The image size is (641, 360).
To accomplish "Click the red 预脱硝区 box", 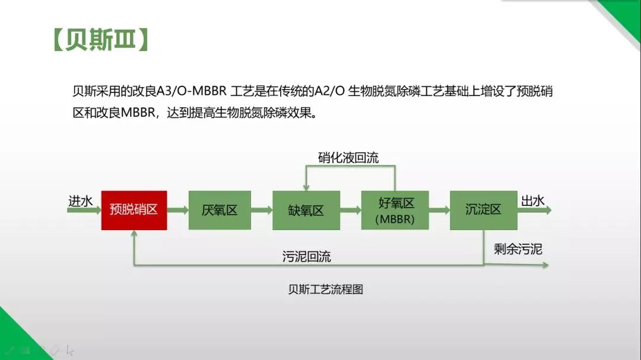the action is coord(134,210).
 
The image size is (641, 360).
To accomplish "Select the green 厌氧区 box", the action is coord(220,210).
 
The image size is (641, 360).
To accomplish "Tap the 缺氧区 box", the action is coord(306,210).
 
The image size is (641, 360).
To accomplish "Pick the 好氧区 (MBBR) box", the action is coord(395,210).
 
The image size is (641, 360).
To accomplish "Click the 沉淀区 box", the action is coord(484,210).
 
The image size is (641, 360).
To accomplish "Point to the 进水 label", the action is coord(81,201).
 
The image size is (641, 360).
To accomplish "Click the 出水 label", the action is coord(532,200).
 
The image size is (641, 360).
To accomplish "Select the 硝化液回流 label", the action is coord(348,158).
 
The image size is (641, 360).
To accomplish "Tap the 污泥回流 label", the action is coord(307,257).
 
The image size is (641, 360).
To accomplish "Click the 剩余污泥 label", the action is coord(518,249).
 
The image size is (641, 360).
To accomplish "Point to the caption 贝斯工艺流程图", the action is coord(325,289).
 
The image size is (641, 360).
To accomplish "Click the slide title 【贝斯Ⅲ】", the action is coord(100,40).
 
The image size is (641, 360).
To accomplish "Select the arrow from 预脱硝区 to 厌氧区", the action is coord(178,211).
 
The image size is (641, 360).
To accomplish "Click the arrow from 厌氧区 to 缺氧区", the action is coord(262,211).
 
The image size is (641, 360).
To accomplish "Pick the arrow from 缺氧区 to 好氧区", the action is coord(351,211).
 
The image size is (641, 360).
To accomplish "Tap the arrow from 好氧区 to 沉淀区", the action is coord(439,211).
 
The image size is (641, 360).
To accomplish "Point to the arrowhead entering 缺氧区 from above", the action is coord(306,187).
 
